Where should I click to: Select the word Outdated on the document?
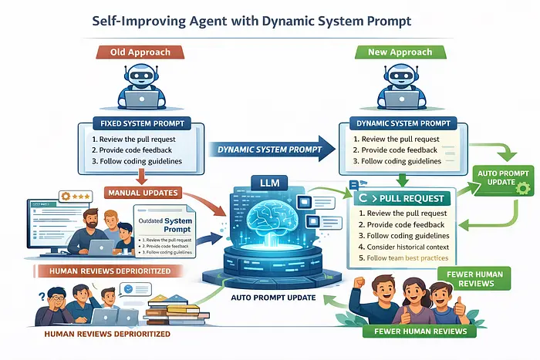[153, 220]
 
